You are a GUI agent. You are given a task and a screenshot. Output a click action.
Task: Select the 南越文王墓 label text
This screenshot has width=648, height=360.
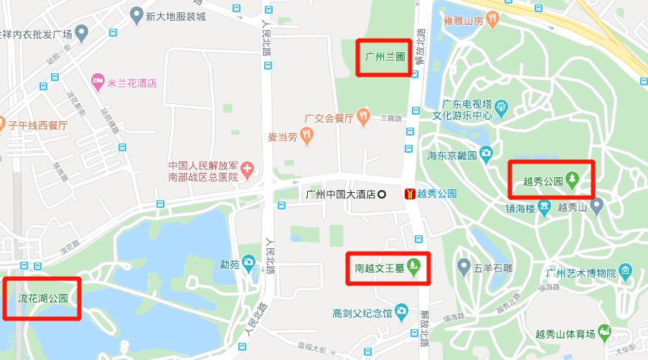click(x=380, y=268)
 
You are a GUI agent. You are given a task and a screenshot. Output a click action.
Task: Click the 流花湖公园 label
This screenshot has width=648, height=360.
click(x=42, y=298)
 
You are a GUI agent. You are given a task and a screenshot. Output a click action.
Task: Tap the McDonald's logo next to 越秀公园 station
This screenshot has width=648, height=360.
click(x=409, y=194)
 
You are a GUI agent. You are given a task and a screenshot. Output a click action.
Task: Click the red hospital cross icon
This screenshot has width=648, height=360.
click(x=248, y=170)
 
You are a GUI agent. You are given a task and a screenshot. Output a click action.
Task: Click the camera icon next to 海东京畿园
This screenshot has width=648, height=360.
click(x=486, y=153)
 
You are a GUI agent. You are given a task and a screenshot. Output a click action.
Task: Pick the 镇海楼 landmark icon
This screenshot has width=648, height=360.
click(x=545, y=208)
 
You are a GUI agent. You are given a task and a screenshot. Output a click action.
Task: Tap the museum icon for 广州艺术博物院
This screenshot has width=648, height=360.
click(x=626, y=272)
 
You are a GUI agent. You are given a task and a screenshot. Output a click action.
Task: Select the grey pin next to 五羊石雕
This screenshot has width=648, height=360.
click(x=464, y=268)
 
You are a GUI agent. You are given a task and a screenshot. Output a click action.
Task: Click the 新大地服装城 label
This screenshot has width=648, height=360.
click(x=175, y=15)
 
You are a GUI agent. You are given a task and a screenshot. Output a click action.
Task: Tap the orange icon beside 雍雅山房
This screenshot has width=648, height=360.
click(x=492, y=22)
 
